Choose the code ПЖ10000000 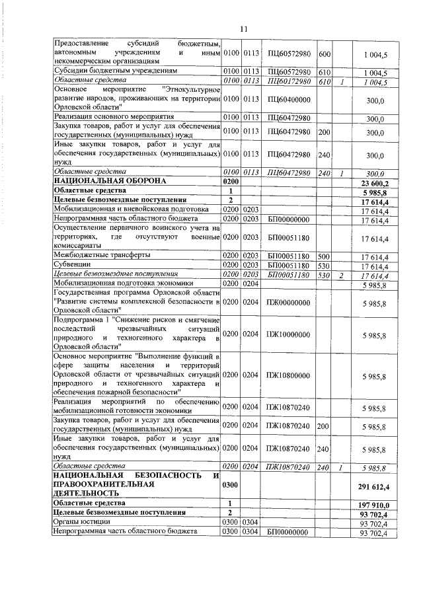tap(289, 334)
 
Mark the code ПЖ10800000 tap(289, 375)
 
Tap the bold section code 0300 tap(229, 486)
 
